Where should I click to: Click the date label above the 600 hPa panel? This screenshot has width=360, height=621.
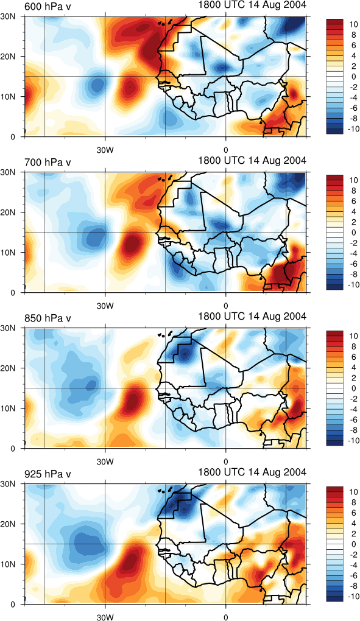252,5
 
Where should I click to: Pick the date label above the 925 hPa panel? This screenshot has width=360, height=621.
252,472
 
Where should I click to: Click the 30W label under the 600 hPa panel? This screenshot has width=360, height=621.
105,150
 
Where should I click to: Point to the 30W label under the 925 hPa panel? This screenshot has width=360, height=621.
105,617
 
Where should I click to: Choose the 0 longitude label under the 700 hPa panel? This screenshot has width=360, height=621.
226,306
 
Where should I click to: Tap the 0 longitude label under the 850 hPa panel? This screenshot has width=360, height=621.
226,461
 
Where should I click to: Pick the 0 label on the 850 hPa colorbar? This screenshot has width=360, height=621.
355,388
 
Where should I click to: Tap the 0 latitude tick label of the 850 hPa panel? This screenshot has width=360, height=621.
13,449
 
